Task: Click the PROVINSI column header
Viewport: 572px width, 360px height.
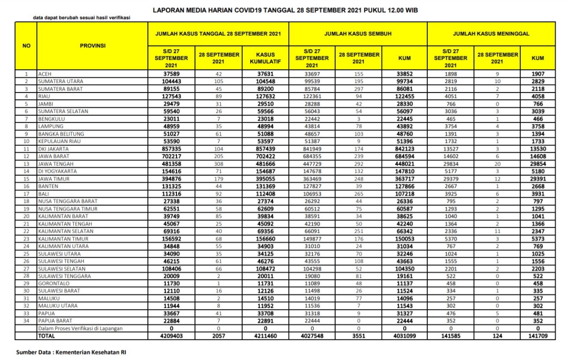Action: point(93,46)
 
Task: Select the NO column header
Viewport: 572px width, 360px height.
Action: point(26,46)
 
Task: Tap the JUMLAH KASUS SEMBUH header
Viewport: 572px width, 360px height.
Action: point(358,33)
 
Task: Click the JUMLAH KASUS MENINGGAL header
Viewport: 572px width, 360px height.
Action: point(491,33)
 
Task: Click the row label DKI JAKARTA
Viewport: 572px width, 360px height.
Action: point(53,149)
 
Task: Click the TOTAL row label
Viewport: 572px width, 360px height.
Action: point(47,335)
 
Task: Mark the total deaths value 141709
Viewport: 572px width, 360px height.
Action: point(538,335)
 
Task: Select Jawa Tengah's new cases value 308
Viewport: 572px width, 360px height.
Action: point(219,163)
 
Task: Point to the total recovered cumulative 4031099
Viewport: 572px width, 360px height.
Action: point(404,335)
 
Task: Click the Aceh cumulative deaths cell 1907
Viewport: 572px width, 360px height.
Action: point(538,74)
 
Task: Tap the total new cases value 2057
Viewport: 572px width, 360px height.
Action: point(219,335)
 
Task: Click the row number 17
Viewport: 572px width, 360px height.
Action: point(26,193)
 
